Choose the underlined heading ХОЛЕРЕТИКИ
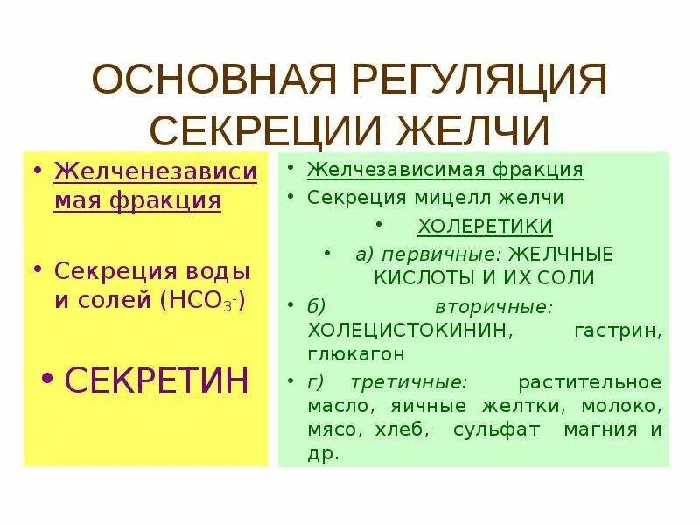[x=485, y=227]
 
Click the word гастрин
[x=618, y=332]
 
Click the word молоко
[x=621, y=406]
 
